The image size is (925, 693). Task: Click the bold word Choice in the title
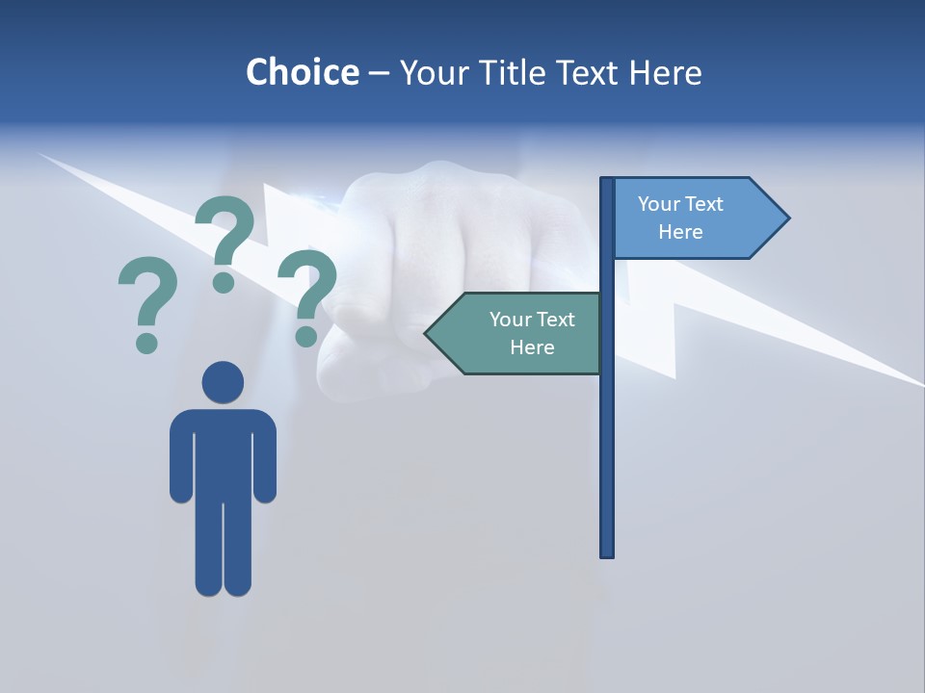click(302, 72)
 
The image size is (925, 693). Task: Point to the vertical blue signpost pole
click(607, 433)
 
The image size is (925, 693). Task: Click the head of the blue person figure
click(223, 382)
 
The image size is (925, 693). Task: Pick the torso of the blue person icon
click(223, 452)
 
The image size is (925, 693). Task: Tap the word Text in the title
click(590, 72)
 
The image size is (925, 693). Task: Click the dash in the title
click(379, 74)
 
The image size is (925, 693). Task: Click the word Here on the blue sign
click(680, 232)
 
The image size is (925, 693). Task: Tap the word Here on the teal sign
click(532, 347)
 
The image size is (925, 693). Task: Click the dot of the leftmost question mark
click(146, 342)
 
